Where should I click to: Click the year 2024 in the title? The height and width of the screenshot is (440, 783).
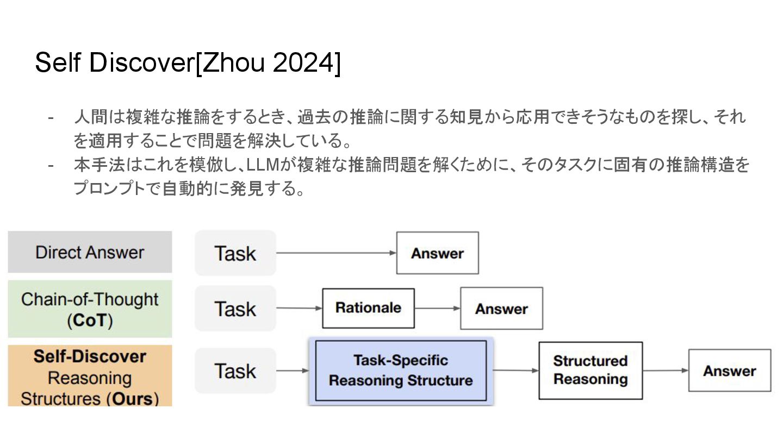[x=301, y=64]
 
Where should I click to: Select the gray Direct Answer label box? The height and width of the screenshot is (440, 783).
[x=90, y=252]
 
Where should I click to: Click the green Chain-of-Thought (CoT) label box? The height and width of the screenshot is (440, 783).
[x=90, y=309]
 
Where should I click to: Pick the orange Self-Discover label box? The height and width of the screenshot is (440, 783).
[x=90, y=376]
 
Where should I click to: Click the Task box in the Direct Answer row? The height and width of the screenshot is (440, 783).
[x=235, y=253]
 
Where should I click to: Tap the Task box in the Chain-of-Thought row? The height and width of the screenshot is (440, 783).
[x=235, y=309]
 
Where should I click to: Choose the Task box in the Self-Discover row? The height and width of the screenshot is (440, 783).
[x=235, y=371]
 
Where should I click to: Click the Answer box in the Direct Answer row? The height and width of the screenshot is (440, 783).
[x=437, y=253]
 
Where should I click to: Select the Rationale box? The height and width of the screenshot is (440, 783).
[x=368, y=308]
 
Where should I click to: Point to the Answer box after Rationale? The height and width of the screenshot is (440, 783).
[x=501, y=309]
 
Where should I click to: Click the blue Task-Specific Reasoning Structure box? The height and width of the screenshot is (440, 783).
[x=401, y=370]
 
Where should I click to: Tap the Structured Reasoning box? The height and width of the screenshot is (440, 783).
[x=590, y=370]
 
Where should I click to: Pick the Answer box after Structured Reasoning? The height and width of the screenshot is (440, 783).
[x=729, y=371]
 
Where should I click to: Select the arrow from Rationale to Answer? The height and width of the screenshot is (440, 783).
[x=437, y=309]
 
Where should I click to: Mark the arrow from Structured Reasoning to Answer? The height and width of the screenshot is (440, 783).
[x=666, y=371]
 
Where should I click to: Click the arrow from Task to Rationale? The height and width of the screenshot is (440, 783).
[x=299, y=309]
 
